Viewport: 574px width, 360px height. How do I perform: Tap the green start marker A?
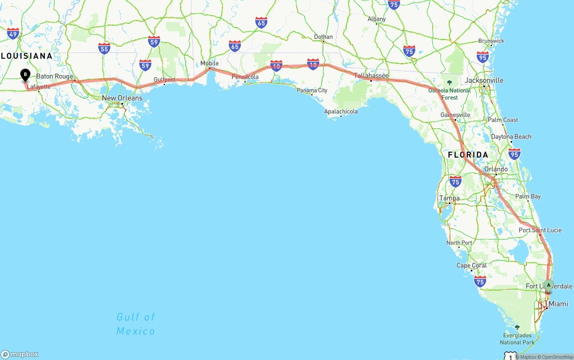click(548, 285)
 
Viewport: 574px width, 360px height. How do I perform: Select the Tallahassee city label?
click(371, 75)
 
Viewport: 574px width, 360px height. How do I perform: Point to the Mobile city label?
click(209, 63)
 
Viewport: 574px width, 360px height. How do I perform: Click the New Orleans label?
click(122, 98)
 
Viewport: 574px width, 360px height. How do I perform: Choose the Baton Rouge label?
click(54, 76)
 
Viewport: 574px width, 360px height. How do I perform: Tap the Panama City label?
click(312, 90)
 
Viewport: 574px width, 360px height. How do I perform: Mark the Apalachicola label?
click(341, 111)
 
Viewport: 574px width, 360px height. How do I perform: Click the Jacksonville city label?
click(484, 80)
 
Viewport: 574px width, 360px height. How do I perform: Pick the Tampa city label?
click(449, 198)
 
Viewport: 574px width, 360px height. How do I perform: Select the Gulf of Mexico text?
click(135, 324)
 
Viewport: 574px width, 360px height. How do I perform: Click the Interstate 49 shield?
click(13, 33)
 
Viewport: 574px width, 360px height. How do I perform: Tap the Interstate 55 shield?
click(104, 48)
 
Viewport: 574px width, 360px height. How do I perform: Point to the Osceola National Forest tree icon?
click(449, 82)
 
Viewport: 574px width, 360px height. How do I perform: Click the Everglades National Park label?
click(517, 339)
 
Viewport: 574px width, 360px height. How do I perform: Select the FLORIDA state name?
click(468, 155)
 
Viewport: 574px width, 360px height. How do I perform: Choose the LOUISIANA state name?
click(26, 56)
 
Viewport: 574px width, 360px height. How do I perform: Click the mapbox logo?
click(20, 354)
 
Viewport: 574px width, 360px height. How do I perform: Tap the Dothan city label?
click(323, 37)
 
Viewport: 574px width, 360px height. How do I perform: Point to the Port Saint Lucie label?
click(540, 230)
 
